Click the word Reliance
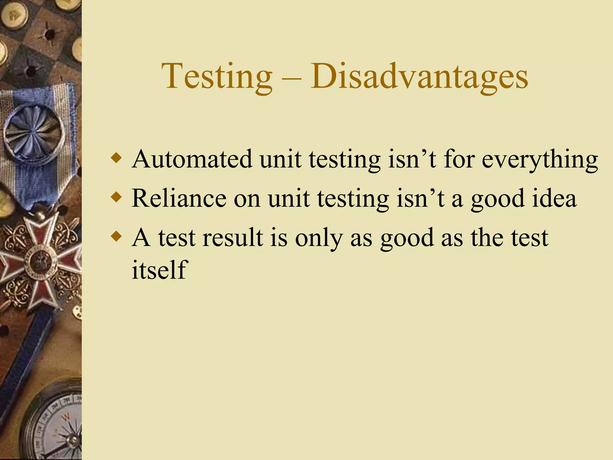[x=179, y=198]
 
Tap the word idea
[x=554, y=198]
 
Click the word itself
[x=160, y=270]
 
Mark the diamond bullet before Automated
[x=116, y=158]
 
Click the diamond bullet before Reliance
[x=116, y=197]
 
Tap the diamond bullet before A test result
[x=116, y=236]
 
